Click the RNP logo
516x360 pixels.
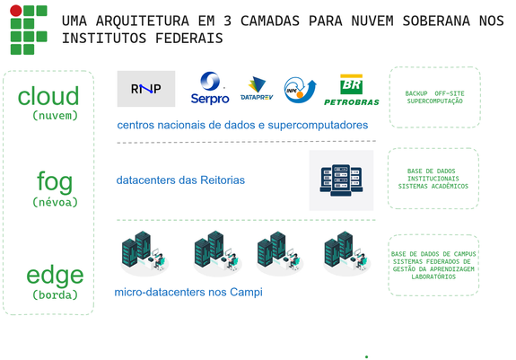coord(146,89)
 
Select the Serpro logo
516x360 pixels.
coord(210,88)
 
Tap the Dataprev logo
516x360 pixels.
coord(257,89)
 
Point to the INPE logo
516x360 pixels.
coord(300,90)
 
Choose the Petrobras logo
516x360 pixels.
coord(352,90)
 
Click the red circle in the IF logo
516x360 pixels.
coord(16,11)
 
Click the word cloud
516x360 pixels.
coord(48,96)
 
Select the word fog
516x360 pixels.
coord(55,181)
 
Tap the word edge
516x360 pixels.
coord(55,275)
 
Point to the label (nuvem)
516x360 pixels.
coord(56,116)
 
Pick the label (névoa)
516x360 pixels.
coord(56,202)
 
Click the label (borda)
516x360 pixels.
coord(56,294)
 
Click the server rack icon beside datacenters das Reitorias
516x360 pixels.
coord(341,180)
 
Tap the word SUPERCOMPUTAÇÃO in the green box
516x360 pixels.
coord(434,101)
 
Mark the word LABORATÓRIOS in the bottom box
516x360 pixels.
coord(433,277)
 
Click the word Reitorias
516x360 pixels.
coord(223,180)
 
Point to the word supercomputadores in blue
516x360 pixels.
coord(318,126)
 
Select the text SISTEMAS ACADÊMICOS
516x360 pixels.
coord(433,186)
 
